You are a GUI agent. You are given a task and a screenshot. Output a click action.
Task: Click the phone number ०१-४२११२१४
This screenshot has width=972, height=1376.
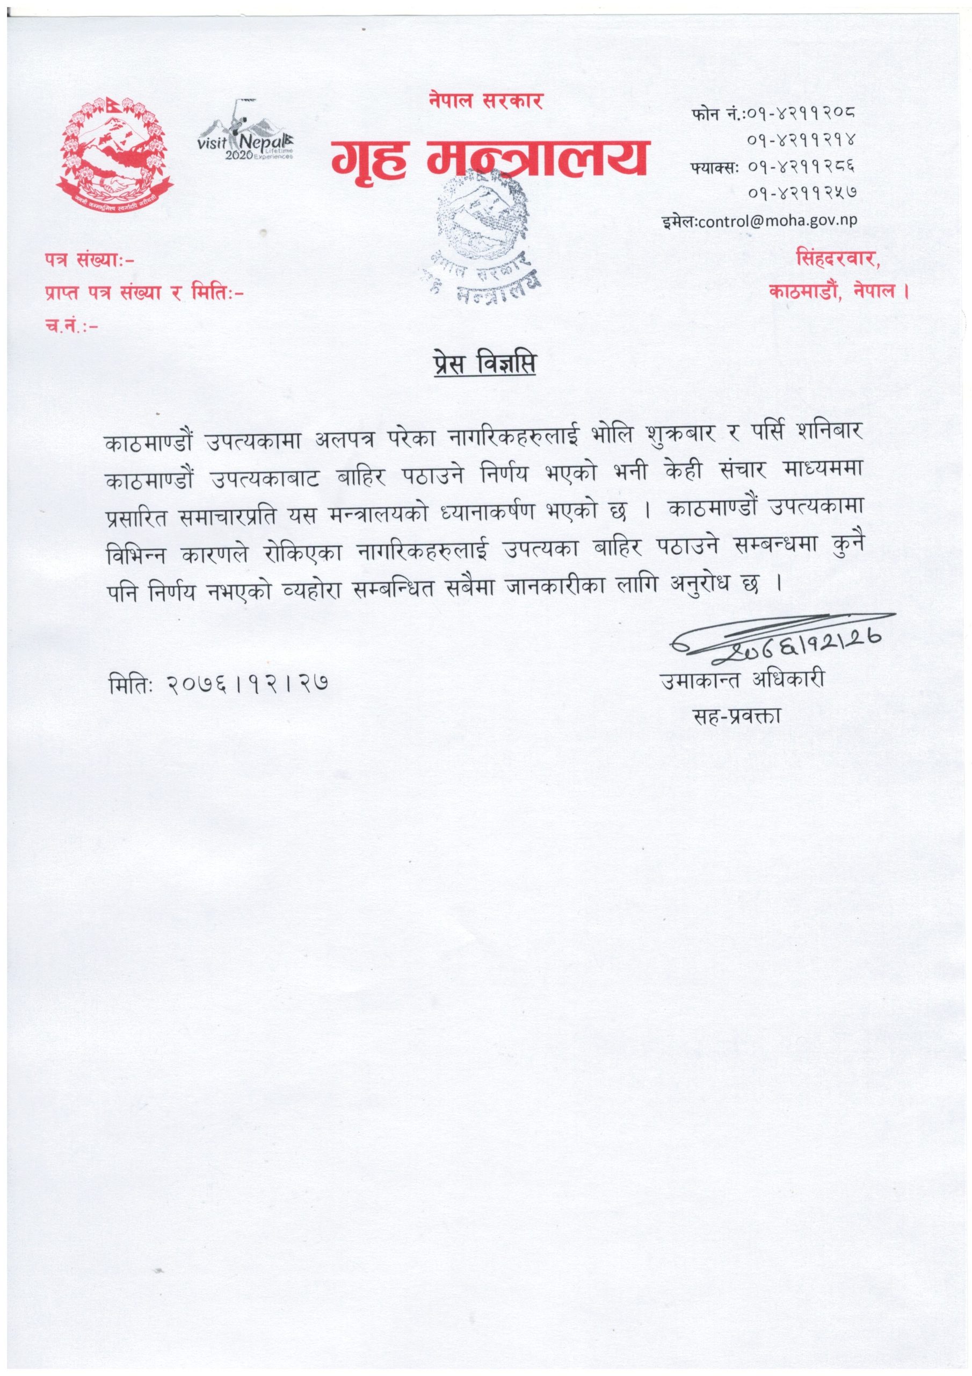(x=801, y=140)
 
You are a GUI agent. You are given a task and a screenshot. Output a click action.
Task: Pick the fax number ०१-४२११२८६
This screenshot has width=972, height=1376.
(x=801, y=166)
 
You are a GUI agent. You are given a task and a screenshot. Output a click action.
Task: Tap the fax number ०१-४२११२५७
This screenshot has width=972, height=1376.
(x=801, y=192)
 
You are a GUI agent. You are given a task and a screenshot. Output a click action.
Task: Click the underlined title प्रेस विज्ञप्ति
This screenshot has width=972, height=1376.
(x=484, y=366)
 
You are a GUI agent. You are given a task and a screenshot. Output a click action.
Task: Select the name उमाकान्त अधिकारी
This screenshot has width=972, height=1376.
(x=742, y=680)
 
